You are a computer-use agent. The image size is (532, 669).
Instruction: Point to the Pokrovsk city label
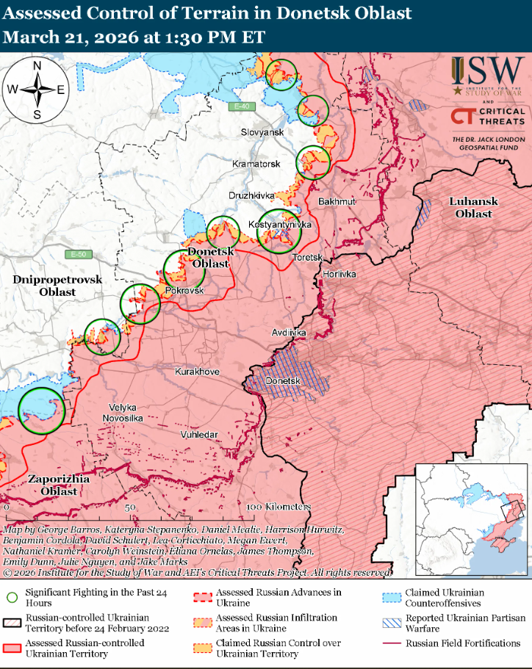pos(184,291)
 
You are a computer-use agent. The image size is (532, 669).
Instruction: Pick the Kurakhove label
pos(197,372)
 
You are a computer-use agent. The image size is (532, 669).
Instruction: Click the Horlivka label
pos(339,274)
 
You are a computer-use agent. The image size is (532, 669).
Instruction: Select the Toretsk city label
pos(308,258)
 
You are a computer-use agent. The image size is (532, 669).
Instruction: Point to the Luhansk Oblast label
pos(474,207)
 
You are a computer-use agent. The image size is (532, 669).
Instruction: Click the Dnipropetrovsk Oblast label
pos(57,286)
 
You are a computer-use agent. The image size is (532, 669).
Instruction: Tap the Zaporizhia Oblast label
pos(59,485)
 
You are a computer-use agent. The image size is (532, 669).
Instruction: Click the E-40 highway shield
pos(240,106)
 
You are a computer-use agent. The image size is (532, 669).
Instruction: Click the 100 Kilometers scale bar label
pos(278,507)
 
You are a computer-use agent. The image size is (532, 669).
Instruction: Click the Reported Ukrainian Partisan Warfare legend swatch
pos(392,623)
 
